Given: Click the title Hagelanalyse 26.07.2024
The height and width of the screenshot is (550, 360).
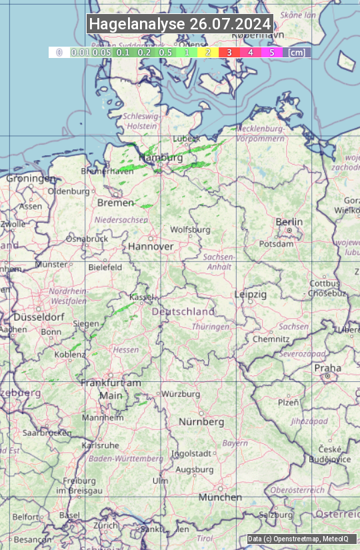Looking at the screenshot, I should tap(180, 24).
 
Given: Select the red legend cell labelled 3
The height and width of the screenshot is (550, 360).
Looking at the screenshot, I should tap(229, 52).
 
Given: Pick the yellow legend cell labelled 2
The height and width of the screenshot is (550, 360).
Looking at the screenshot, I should tap(208, 52).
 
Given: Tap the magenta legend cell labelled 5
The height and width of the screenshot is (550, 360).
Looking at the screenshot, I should tap(271, 52).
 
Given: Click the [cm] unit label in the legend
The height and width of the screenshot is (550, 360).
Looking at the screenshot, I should tap(296, 52).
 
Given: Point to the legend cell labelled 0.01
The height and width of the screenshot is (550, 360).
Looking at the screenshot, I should tap(80, 52).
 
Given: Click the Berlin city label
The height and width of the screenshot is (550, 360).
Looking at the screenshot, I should tap(289, 222).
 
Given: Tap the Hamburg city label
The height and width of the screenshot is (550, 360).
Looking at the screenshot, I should tap(163, 158).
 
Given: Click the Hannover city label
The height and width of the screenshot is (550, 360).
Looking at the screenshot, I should tap(151, 246).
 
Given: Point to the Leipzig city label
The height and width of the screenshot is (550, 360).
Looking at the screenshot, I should tap(251, 294).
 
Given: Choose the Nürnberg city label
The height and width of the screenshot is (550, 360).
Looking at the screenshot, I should tap(201, 422).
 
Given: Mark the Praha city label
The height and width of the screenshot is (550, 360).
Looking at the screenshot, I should tap(327, 368).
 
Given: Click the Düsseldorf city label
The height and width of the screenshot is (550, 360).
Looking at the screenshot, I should tap(38, 317).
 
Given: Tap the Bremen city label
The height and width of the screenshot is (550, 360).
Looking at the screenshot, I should tap(115, 202).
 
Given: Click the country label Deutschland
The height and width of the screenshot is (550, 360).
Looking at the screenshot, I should tap(183, 311).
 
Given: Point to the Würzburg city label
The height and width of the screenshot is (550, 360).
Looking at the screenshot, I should tap(181, 394).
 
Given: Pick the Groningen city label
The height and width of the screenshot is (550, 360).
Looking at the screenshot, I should tap(31, 179).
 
